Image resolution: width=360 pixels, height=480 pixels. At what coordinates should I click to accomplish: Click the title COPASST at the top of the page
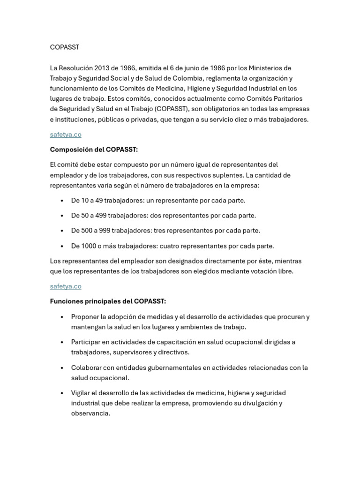pos(65,47)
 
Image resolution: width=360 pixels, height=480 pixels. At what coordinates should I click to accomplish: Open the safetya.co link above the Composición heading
pos(66,135)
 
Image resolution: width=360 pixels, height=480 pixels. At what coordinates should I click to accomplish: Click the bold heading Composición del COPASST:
pos(94,150)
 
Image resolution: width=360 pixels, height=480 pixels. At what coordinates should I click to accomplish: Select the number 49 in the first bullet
pos(98,200)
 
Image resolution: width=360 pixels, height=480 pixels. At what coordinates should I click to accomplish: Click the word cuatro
pos(170,246)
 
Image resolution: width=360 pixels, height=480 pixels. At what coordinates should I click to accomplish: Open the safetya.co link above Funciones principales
pos(66,286)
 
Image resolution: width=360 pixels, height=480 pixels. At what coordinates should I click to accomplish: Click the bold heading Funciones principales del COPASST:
pos(108,301)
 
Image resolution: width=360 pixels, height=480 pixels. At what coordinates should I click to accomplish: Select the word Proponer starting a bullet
pos(86,317)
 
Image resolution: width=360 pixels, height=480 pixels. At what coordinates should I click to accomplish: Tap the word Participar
pos(86,342)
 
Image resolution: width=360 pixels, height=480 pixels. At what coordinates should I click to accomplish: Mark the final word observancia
pos(90,413)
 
